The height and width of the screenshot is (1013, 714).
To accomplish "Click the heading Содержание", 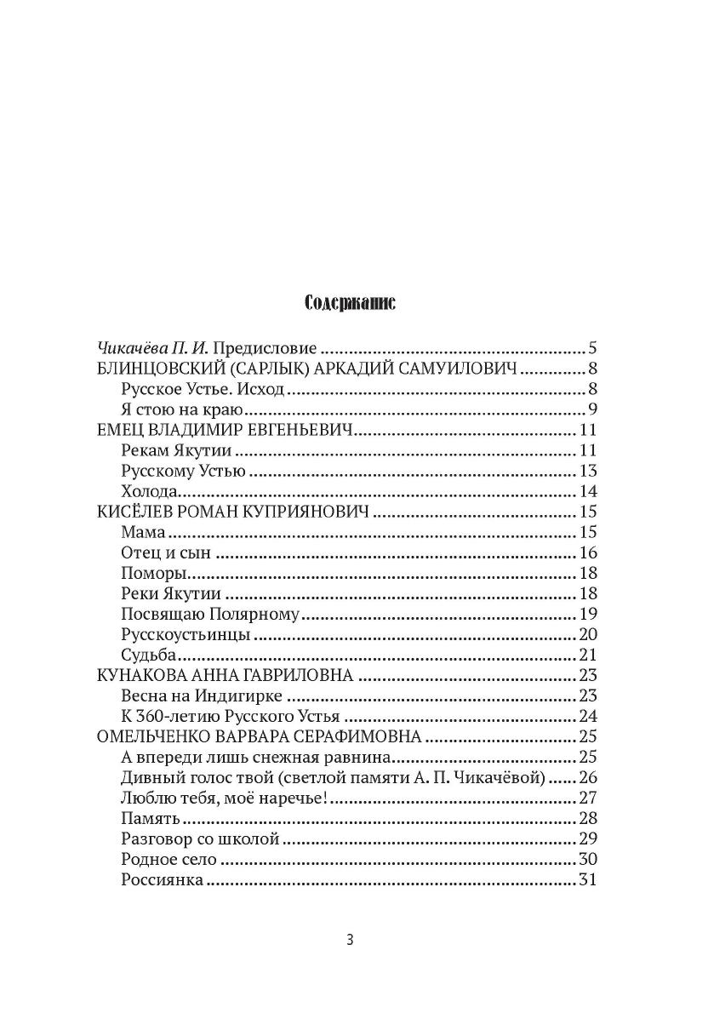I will [x=349, y=303].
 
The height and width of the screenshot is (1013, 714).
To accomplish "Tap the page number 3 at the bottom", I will [x=350, y=940].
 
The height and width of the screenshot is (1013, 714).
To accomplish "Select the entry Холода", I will [x=149, y=491].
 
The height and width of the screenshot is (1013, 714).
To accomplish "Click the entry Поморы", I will [x=152, y=573].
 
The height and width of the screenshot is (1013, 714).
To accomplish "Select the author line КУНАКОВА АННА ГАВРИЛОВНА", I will [x=226, y=675].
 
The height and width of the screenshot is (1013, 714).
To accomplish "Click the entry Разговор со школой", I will [x=201, y=838].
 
